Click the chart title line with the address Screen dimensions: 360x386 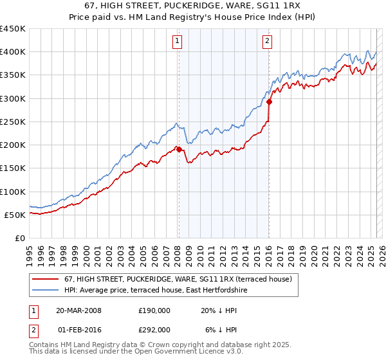pos(192,5)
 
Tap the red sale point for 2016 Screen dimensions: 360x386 pos(270,102)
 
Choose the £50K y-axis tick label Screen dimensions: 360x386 pos(15,215)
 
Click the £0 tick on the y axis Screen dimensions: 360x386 pos(19,238)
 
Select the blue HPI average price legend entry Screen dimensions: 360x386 pos(155,291)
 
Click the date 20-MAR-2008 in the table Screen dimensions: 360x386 pos(78,310)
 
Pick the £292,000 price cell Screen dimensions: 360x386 pos(154,329)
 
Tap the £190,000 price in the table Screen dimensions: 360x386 pos(154,310)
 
